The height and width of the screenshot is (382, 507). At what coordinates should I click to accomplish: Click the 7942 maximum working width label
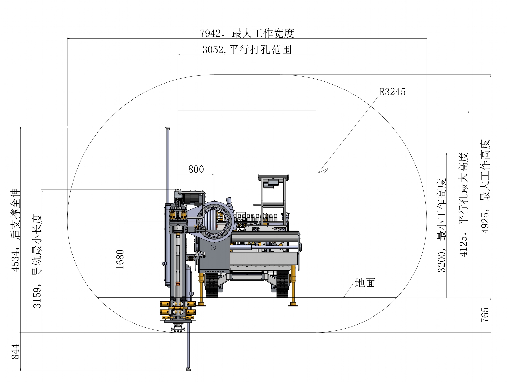pos(247,33)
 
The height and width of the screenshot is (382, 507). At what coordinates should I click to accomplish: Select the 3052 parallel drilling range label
pos(247,49)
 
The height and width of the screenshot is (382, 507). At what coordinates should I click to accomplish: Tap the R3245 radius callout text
pos(392,92)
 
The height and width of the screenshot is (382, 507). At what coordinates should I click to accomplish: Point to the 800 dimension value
pos(196,169)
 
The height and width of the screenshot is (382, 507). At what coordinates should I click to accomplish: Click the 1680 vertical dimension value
pos(120,259)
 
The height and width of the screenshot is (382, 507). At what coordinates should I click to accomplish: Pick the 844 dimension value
pos(15,352)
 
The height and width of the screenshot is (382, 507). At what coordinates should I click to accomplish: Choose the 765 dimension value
pos(485,315)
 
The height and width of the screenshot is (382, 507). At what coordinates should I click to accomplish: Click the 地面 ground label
pos(365,283)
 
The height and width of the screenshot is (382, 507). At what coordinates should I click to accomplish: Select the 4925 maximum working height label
pos(485,186)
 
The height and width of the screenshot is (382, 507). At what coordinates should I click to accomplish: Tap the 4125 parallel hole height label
pos(463,205)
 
